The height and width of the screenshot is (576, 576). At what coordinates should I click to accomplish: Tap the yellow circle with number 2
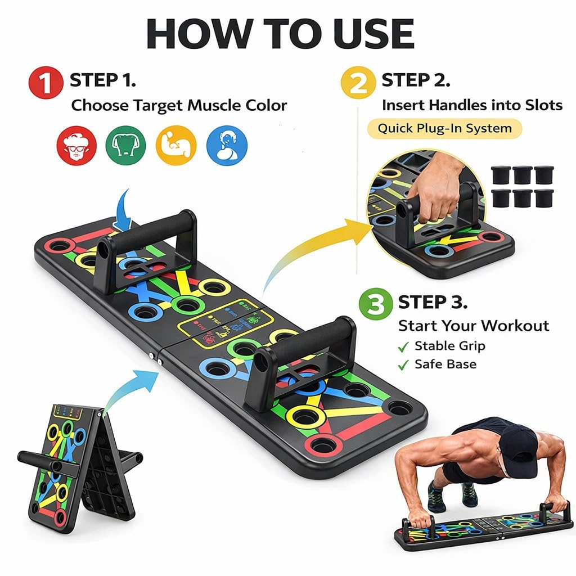(x=358, y=85)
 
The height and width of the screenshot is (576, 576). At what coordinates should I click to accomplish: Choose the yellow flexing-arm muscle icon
(x=176, y=145)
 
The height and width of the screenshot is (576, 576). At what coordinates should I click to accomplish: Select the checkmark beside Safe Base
(x=403, y=365)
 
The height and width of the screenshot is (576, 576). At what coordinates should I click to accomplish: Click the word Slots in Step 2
(x=539, y=105)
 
